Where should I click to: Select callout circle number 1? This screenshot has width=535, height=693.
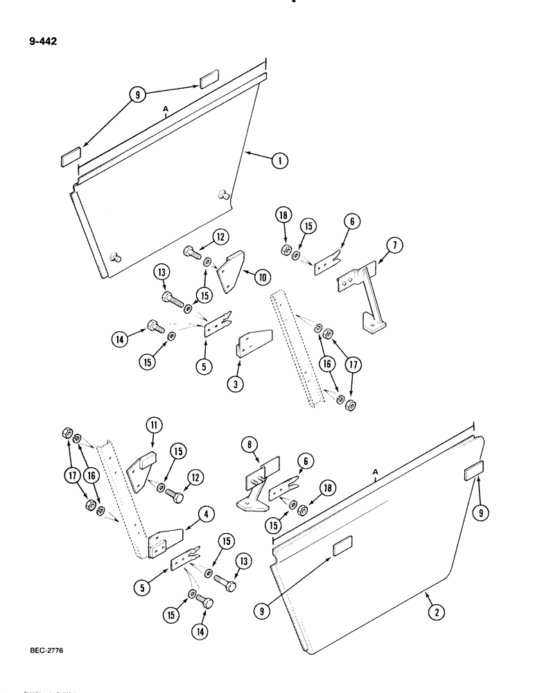[279, 161]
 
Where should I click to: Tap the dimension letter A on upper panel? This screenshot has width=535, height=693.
[166, 109]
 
